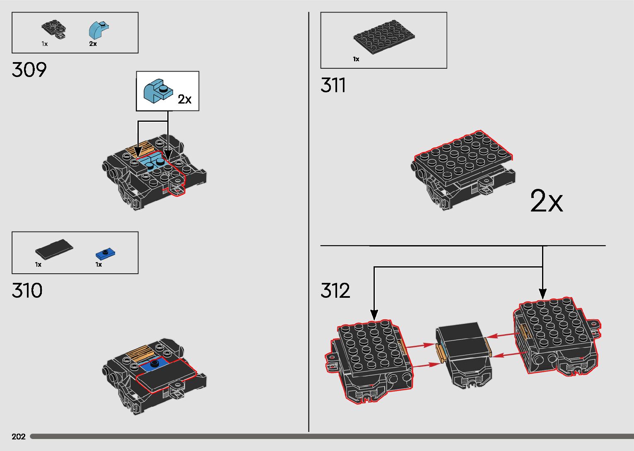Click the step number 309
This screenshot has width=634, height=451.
point(29,70)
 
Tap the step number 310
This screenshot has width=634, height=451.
point(27,291)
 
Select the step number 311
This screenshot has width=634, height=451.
point(333,86)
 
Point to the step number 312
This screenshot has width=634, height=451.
point(335,291)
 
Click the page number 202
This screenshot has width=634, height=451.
point(19,437)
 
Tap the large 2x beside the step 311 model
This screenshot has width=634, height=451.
point(547,202)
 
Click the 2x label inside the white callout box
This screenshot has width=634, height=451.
point(185,99)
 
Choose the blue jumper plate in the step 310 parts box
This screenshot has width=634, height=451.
point(106,253)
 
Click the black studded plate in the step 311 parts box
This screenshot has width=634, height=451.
point(384,38)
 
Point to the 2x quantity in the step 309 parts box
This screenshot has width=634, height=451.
point(93,44)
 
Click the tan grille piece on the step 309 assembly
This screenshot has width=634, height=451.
point(141,148)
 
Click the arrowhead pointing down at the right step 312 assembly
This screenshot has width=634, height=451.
point(542,294)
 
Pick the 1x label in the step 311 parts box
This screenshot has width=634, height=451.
point(356,59)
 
